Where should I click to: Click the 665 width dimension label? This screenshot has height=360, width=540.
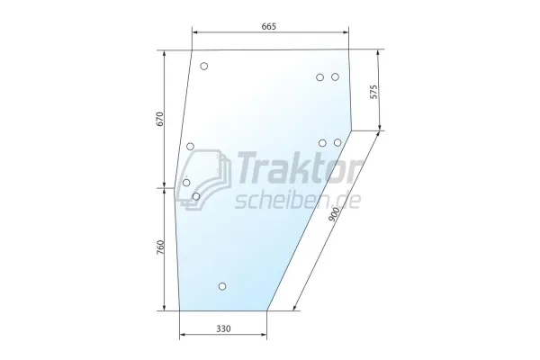(x=270, y=26)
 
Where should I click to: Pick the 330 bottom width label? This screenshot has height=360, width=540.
(x=223, y=329)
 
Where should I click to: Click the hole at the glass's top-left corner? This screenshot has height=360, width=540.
(x=204, y=67)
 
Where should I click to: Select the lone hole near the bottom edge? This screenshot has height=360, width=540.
(x=222, y=287)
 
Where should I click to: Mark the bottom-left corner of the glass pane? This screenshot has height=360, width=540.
(x=180, y=310)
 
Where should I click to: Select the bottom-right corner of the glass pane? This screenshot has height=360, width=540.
(x=267, y=310)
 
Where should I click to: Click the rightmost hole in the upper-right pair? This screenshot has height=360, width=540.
(x=335, y=77)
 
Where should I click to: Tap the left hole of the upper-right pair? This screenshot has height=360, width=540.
(x=319, y=77)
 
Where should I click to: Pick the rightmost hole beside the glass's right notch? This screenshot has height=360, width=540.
(x=337, y=142)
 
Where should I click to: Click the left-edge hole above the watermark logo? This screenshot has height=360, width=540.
(x=191, y=146)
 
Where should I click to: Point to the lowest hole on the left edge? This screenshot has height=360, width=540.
(x=196, y=195)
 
